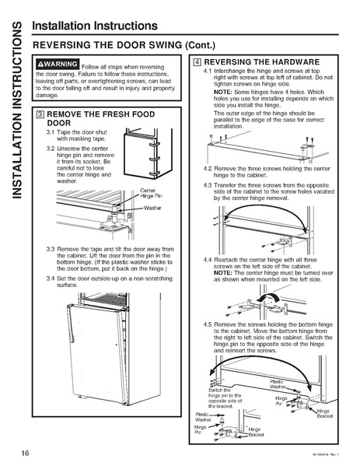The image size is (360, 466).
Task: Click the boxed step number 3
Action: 38,114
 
